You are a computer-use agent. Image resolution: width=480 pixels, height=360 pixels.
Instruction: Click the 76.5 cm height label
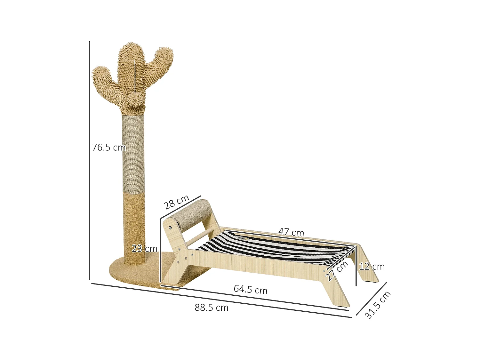(x=109, y=148)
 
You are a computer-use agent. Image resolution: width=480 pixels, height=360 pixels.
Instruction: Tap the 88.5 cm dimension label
(x=212, y=308)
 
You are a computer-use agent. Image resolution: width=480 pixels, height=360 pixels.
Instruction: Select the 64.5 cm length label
(x=250, y=289)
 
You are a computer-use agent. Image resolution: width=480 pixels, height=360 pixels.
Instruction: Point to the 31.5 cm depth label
(x=378, y=305)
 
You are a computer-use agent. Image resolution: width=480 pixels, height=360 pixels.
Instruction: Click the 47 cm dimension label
(x=291, y=232)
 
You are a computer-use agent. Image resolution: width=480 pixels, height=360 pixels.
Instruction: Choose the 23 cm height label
(x=144, y=249)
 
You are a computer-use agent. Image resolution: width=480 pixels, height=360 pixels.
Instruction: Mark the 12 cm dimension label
(x=372, y=267)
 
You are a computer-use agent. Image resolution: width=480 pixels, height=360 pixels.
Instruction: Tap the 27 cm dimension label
(x=337, y=271)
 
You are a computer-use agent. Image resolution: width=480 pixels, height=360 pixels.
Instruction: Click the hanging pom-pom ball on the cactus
(x=135, y=100)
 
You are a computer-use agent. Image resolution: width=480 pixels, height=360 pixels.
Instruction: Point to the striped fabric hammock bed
(x=272, y=248)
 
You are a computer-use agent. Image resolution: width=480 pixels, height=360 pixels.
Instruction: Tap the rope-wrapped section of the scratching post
(x=133, y=154)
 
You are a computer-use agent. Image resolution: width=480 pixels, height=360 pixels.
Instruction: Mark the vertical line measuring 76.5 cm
(x=90, y=160)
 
